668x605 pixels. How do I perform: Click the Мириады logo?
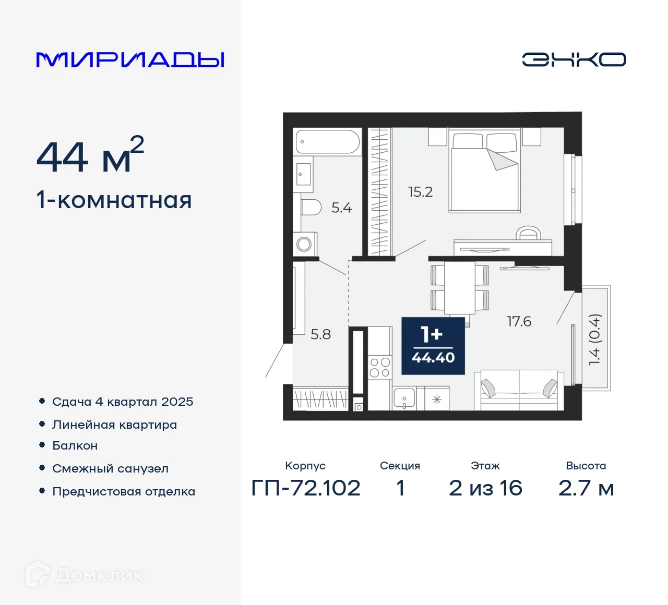click(x=130, y=59)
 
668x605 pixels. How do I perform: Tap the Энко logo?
click(x=574, y=59)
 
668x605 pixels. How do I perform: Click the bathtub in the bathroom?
click(x=327, y=141)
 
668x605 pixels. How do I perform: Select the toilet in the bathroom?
click(x=311, y=208)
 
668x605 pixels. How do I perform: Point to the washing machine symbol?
click(x=304, y=244)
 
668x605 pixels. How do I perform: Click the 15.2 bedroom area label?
click(x=420, y=192)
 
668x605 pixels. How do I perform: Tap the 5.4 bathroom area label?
click(x=341, y=208)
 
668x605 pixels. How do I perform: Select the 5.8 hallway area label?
click(x=320, y=334)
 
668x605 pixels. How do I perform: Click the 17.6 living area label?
click(x=519, y=321)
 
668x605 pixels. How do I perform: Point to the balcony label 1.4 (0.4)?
click(x=595, y=339)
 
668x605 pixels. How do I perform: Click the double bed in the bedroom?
click(x=485, y=172)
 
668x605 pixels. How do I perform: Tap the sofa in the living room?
click(x=519, y=390)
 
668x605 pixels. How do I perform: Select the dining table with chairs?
click(x=460, y=289)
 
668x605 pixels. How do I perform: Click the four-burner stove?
click(x=379, y=367)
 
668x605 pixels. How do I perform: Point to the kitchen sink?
click(x=404, y=399)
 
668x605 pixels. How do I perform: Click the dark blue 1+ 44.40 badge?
click(x=433, y=345)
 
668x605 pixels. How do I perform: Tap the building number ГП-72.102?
click(x=306, y=488)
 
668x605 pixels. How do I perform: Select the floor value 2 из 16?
click(x=485, y=488)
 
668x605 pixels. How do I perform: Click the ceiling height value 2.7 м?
click(x=586, y=488)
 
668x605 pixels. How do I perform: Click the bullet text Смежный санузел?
click(x=110, y=468)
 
